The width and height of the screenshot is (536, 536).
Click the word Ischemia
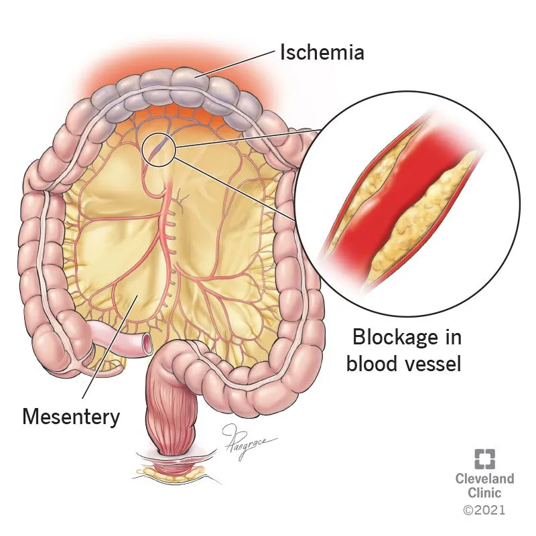click(322, 52)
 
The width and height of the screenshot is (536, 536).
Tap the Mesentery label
click(71, 416)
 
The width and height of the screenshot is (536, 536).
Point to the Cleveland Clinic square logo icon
click(484, 459)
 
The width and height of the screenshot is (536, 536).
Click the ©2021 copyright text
click(484, 511)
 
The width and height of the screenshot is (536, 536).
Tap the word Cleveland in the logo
click(484, 479)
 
